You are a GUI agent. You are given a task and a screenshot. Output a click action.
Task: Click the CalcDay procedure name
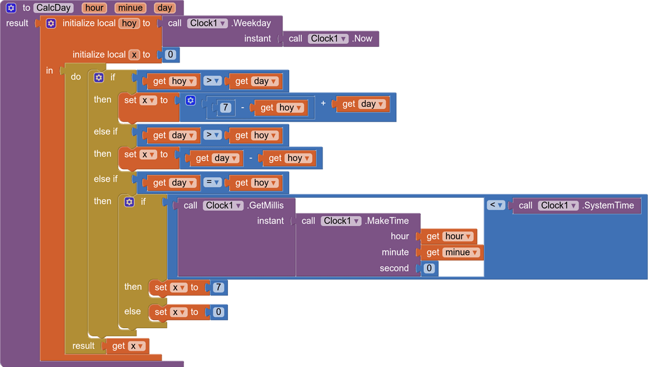point(54,8)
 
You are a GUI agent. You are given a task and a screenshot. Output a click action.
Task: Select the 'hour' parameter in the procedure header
point(95,8)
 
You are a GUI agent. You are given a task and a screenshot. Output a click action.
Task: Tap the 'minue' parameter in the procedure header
point(130,8)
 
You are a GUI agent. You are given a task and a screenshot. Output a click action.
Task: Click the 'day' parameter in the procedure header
point(165,8)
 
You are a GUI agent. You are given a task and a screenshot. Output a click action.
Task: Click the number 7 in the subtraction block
point(225,108)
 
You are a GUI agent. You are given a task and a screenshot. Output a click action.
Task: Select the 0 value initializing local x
point(170,54)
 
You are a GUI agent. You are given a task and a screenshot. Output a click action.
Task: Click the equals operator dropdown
point(213,182)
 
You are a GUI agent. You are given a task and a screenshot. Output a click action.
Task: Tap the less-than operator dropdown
point(496,205)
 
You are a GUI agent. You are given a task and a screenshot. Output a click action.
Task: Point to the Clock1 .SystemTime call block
point(576,205)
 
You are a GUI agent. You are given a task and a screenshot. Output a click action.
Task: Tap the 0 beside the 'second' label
point(429,268)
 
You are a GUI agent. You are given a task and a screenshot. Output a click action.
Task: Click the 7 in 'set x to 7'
point(218,287)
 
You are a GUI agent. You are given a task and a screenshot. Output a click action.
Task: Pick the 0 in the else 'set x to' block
point(218,312)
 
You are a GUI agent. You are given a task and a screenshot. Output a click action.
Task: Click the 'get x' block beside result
point(128,346)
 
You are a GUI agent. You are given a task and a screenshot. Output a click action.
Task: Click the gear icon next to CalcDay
point(11,8)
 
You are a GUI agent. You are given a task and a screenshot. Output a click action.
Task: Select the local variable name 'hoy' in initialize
point(129,23)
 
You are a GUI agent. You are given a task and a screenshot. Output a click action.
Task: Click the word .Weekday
point(251,23)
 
